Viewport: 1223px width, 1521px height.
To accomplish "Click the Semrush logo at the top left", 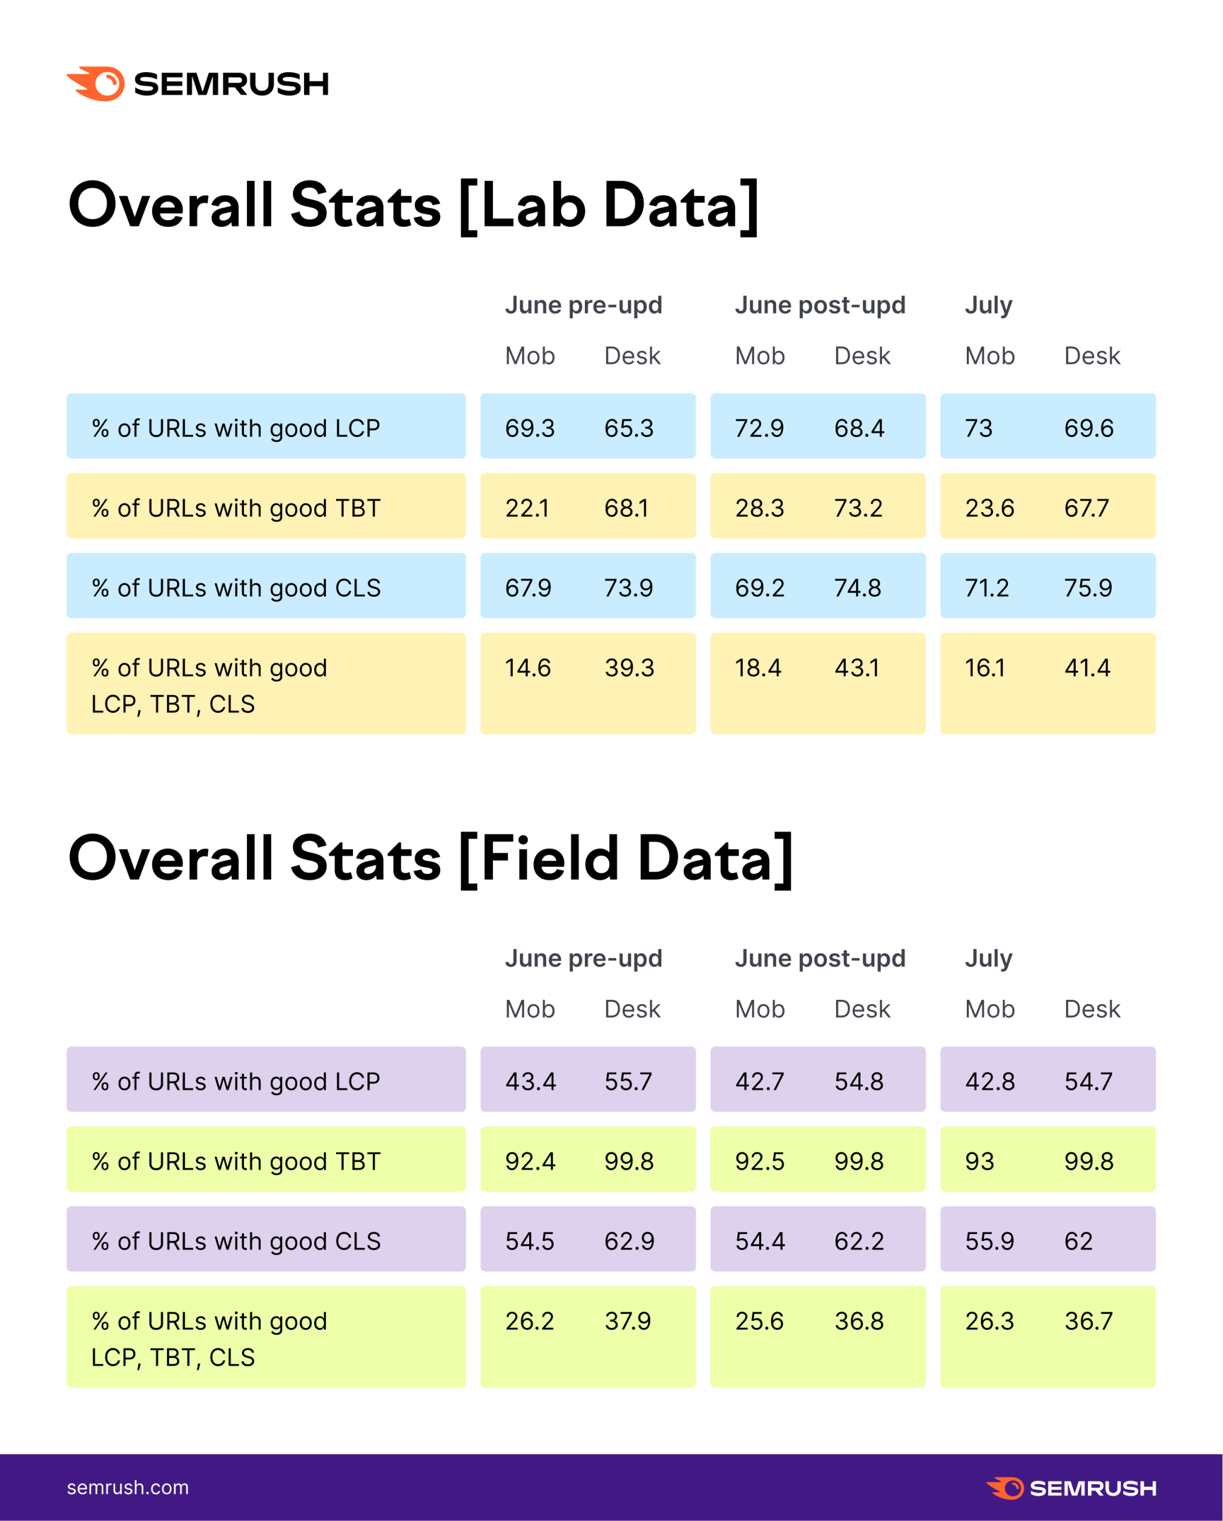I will (x=197, y=84).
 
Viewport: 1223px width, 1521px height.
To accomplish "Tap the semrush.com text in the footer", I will (x=128, y=1487).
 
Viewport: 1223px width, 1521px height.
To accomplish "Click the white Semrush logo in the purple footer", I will (x=1070, y=1488).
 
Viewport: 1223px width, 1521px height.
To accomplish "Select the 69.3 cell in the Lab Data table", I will (x=529, y=429).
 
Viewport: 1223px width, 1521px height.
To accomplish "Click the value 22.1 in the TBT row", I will (x=527, y=508).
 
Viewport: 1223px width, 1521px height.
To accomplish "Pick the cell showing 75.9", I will (x=1087, y=588).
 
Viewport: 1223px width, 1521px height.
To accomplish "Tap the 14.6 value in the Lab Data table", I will (x=527, y=668).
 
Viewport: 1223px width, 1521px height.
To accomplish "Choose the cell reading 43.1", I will (x=857, y=668).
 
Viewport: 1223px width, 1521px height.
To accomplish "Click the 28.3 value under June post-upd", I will (x=759, y=508).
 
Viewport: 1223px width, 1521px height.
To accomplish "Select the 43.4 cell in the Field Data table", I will (x=530, y=1082).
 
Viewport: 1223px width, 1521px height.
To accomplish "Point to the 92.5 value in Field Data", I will (x=759, y=1161).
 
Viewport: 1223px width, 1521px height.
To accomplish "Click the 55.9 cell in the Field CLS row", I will (x=989, y=1241).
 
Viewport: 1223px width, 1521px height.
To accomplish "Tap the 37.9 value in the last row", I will (x=627, y=1321).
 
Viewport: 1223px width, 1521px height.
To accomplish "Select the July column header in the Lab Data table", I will (x=988, y=305).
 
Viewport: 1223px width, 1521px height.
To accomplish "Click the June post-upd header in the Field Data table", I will (x=819, y=958).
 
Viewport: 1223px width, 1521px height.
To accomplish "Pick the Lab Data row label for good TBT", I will (x=236, y=508).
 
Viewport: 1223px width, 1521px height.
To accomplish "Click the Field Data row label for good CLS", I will (x=236, y=1241).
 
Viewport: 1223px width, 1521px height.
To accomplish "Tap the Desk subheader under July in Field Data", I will (x=1092, y=1009).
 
